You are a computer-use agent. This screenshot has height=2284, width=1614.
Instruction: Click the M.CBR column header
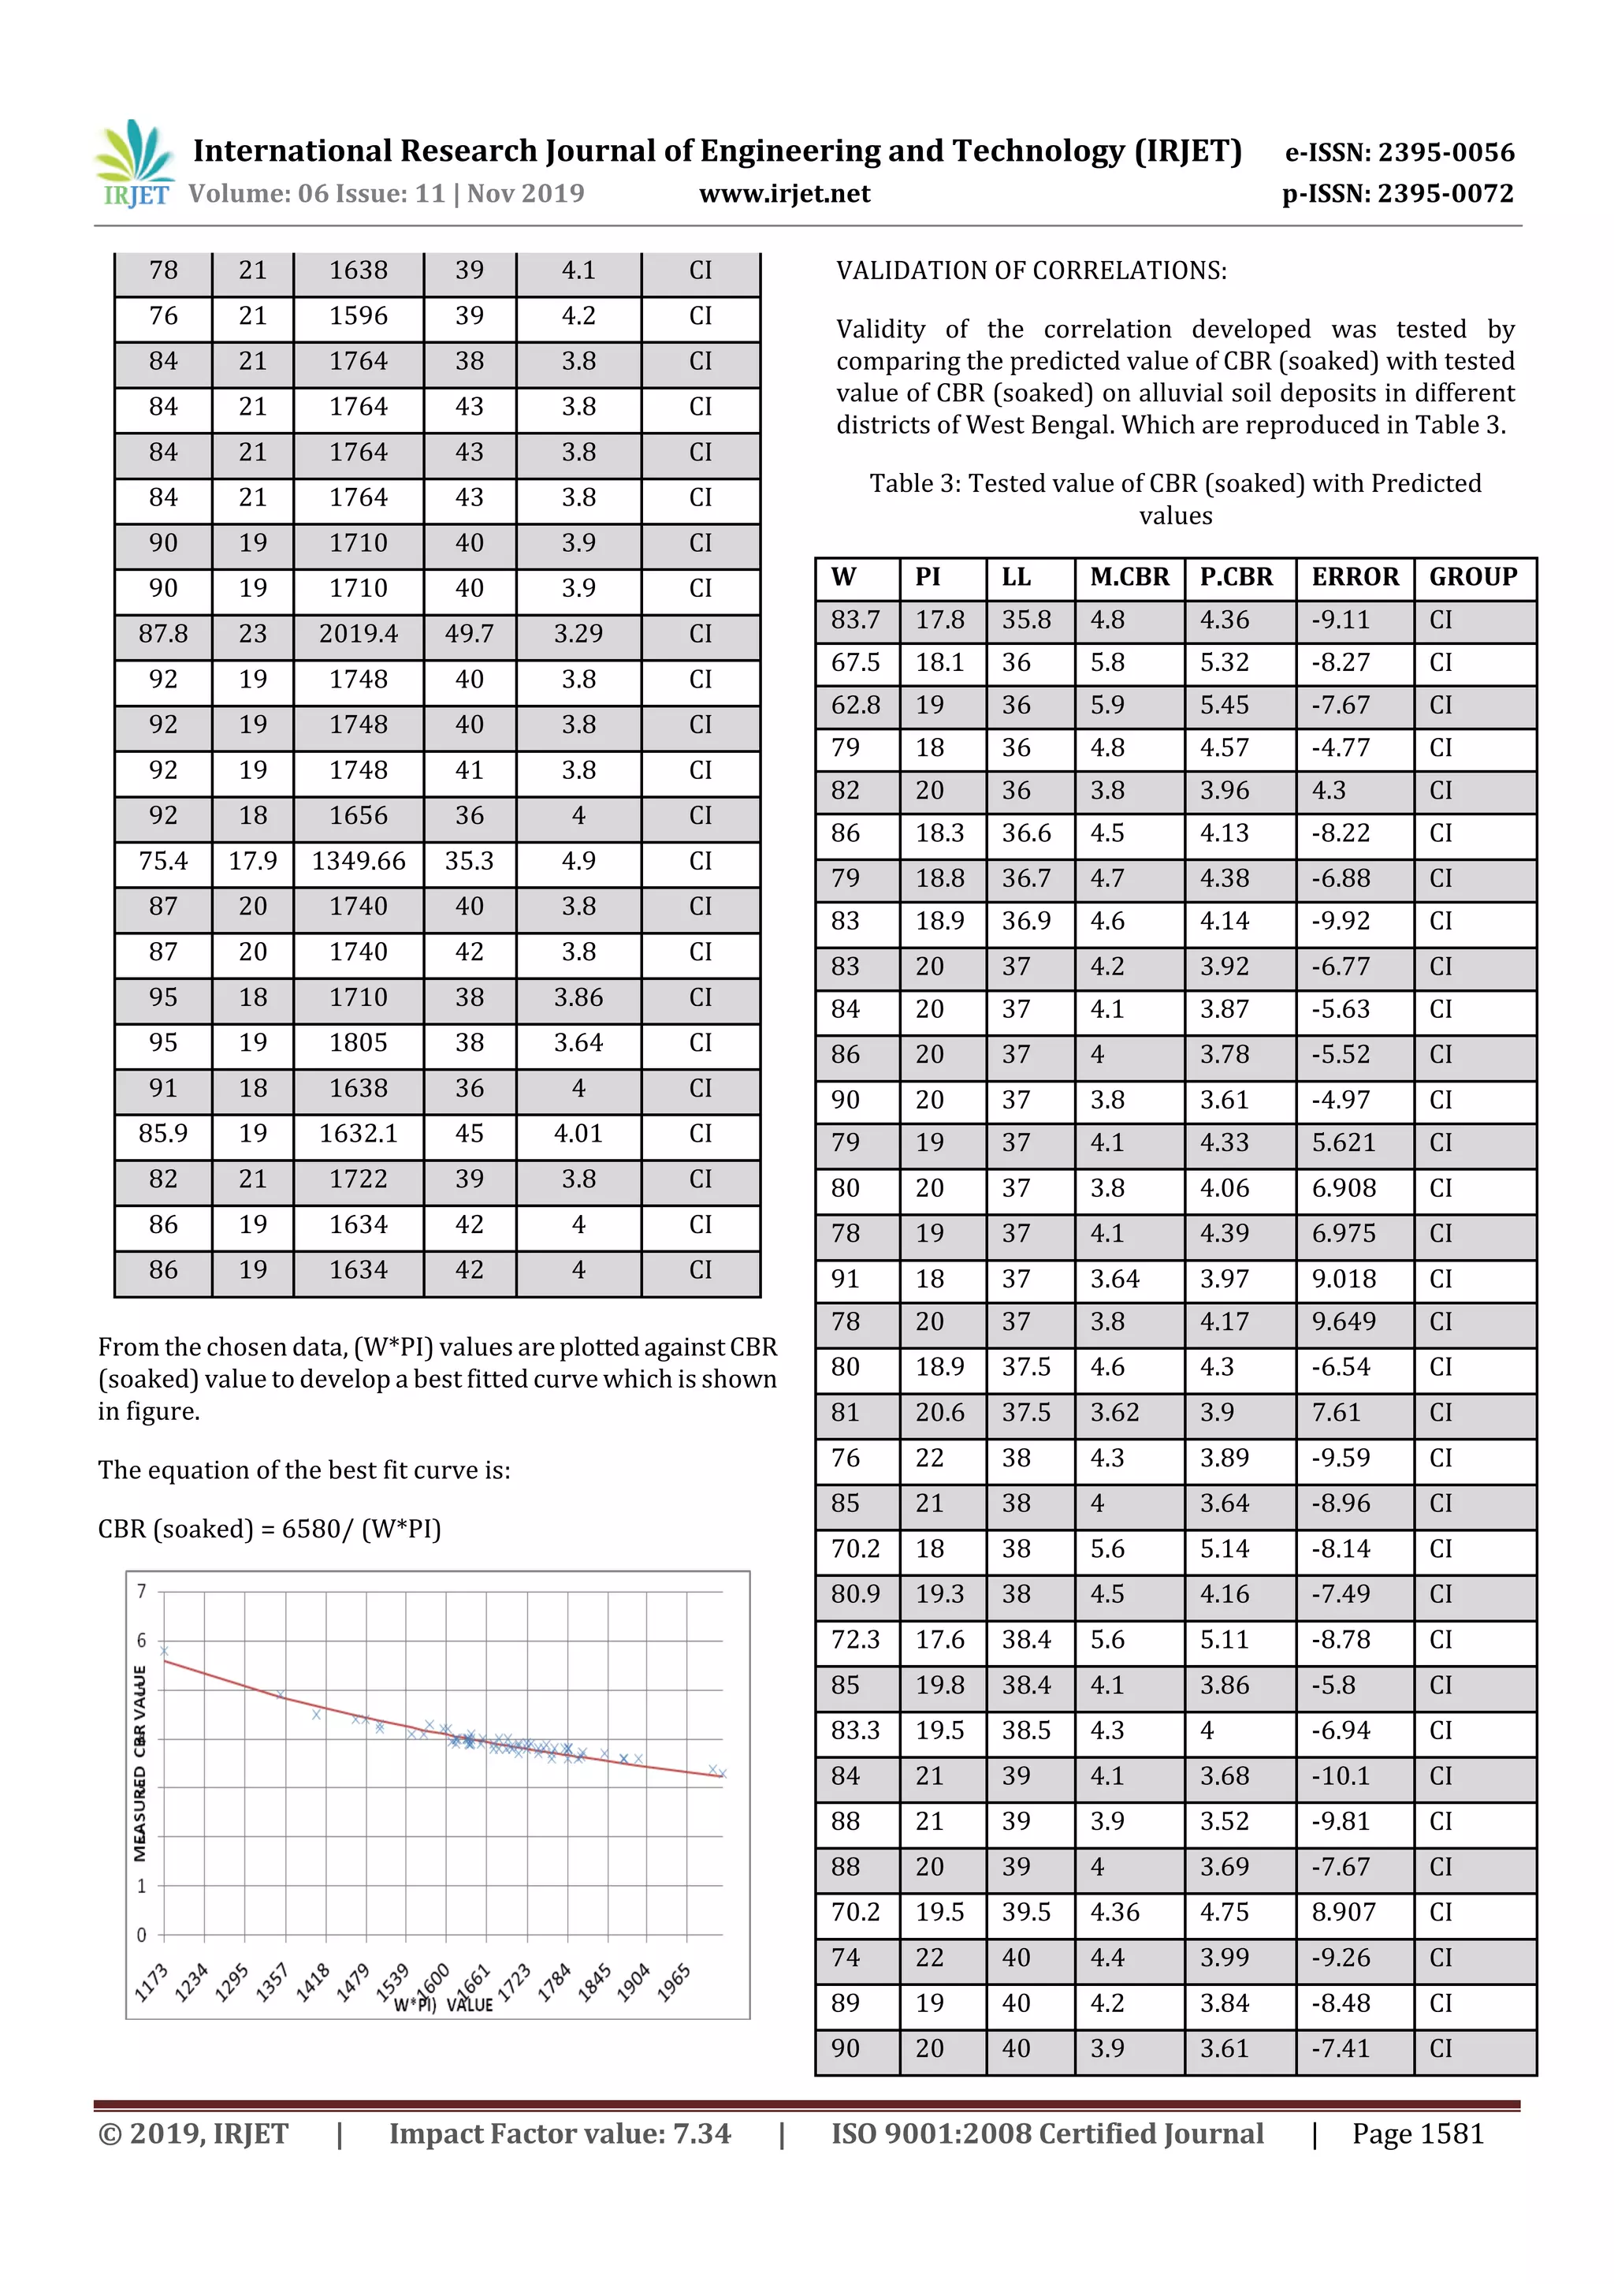tap(1129, 577)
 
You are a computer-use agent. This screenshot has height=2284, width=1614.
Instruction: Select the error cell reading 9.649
tap(1343, 1321)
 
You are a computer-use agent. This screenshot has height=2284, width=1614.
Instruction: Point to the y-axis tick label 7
tap(141, 1592)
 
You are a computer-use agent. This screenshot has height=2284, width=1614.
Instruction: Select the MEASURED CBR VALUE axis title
tap(140, 1763)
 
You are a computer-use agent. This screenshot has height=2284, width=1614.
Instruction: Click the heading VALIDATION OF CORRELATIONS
tap(1030, 270)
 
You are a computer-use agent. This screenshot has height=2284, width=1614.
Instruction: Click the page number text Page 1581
tap(1417, 2133)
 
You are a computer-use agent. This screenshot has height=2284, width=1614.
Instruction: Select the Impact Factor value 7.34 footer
tap(559, 2133)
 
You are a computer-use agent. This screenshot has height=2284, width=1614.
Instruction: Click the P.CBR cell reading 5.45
tap(1223, 706)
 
